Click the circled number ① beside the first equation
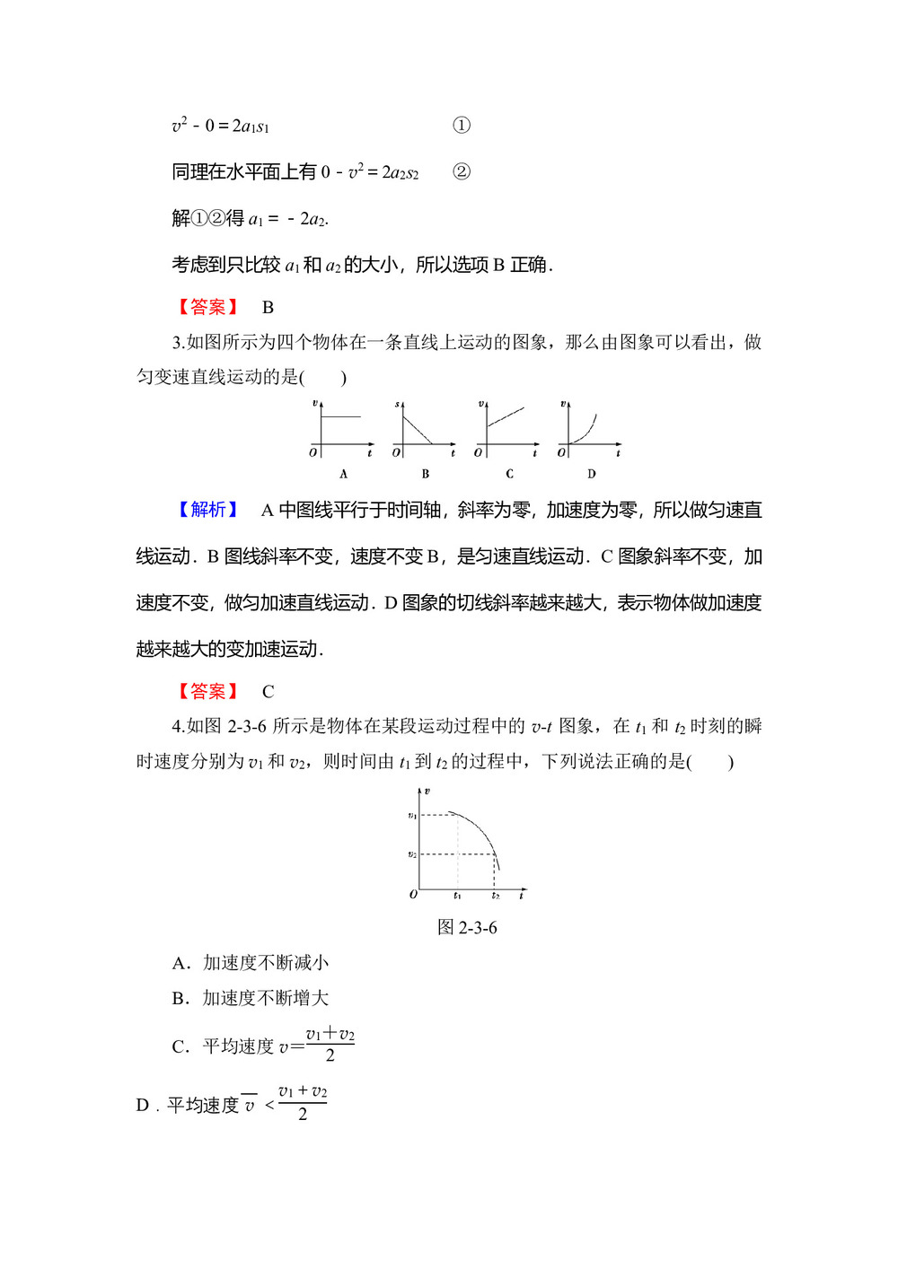(x=461, y=126)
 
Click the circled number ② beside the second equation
(x=461, y=171)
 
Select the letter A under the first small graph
(x=343, y=474)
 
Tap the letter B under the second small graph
(x=425, y=474)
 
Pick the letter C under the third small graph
(x=509, y=474)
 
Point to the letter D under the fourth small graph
(x=591, y=474)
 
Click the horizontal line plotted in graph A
(x=341, y=416)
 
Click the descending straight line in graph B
(x=418, y=428)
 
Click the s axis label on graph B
(x=397, y=405)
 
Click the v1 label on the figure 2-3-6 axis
(x=412, y=815)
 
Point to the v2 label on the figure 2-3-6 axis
(x=412, y=854)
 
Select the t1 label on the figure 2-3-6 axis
(x=457, y=896)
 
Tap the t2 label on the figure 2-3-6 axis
(x=495, y=896)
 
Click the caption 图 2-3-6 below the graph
(x=467, y=927)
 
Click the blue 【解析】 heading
(x=208, y=510)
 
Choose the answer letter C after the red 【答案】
(x=268, y=691)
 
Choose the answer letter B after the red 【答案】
(x=268, y=307)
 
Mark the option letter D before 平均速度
(x=143, y=1105)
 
